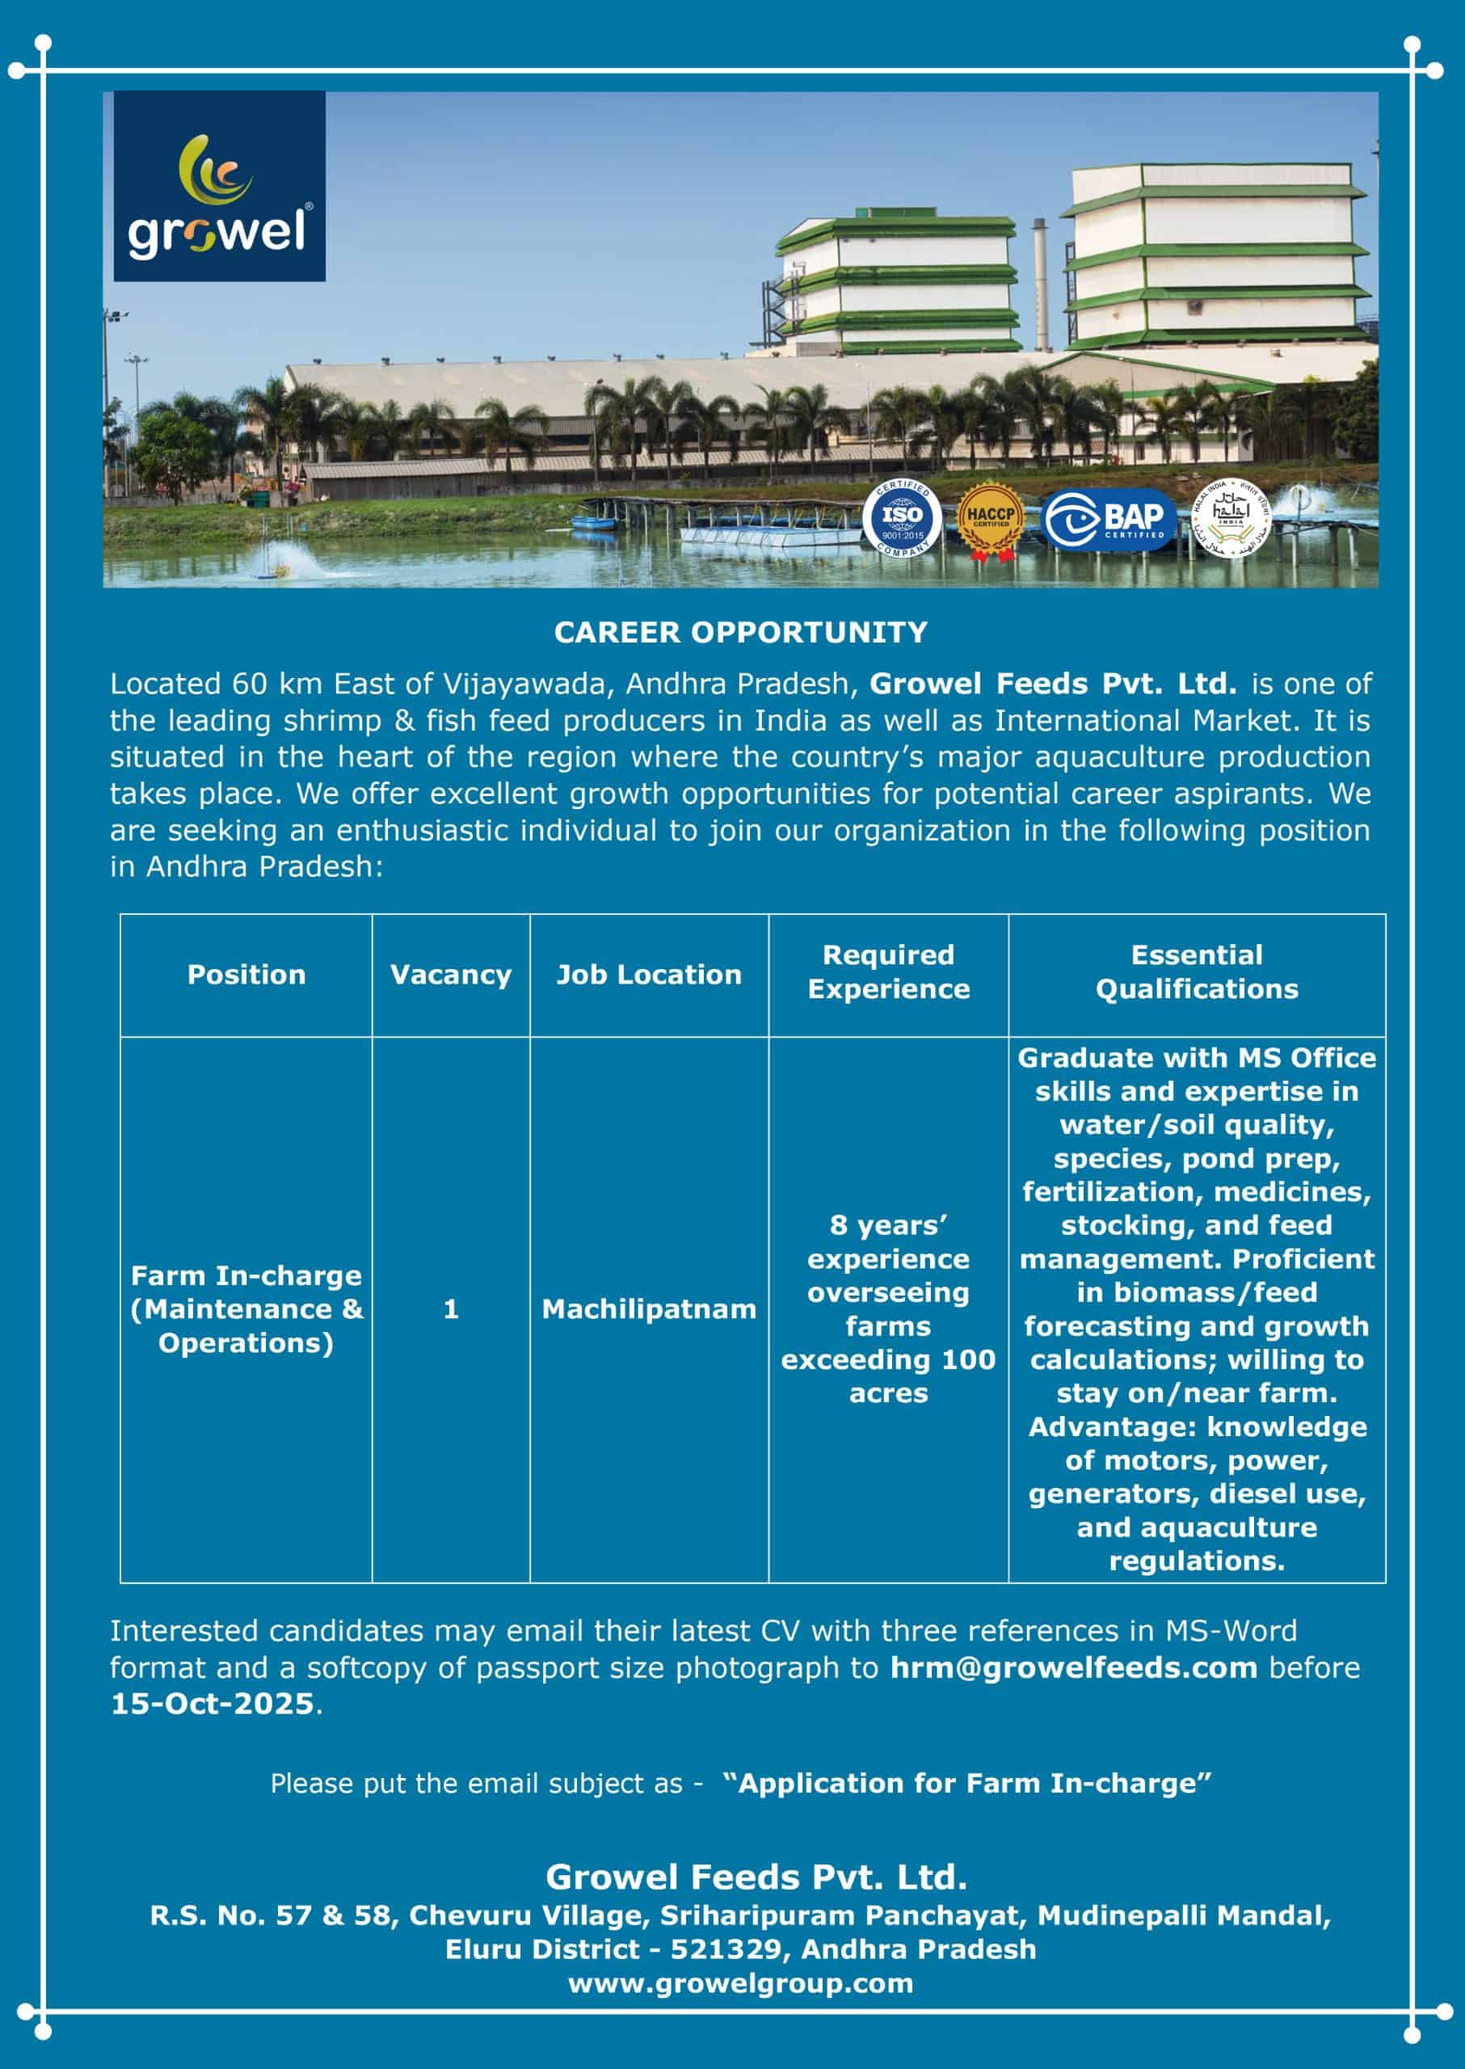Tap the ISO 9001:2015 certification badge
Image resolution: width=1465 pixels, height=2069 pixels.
(901, 518)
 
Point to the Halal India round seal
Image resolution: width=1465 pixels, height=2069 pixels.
(1232, 518)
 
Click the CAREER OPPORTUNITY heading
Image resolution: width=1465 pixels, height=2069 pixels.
(741, 633)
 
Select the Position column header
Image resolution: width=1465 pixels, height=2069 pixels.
(246, 975)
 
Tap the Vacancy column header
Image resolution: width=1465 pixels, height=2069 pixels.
(450, 975)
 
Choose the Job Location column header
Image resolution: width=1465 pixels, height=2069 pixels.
(649, 975)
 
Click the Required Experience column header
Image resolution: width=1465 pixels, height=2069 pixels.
(889, 971)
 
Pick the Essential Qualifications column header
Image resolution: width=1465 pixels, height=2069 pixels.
(1196, 971)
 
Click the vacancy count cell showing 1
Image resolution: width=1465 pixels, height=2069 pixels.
(451, 1309)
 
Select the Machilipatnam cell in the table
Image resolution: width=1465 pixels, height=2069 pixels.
(649, 1309)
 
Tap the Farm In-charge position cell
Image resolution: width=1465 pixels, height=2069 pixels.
(246, 1309)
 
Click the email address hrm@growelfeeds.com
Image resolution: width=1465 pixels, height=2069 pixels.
(1073, 1667)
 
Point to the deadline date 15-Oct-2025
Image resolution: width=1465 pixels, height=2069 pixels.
(212, 1704)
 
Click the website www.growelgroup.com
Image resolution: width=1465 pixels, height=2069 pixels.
(741, 1983)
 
